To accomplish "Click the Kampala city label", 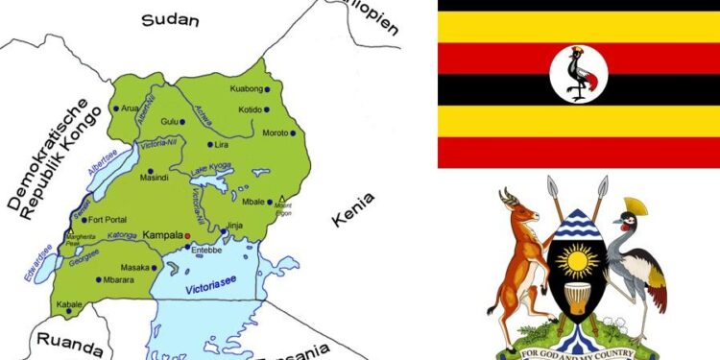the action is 162,234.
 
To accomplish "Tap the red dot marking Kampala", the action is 188,234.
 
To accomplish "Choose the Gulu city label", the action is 171,121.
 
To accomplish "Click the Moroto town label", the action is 277,132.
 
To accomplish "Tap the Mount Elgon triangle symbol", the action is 282,197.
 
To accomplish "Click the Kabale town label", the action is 68,303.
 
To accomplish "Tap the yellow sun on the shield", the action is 577,259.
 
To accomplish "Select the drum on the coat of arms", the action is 577,302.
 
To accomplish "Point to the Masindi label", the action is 155,178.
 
